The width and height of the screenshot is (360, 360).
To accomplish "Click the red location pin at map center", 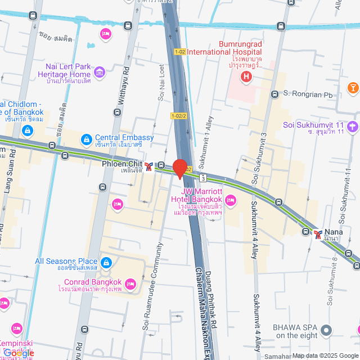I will [179, 168].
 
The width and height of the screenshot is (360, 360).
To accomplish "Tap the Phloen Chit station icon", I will [148, 165].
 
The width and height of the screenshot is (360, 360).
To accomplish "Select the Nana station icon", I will [319, 235].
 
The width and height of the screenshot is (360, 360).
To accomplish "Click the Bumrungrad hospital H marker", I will [245, 76].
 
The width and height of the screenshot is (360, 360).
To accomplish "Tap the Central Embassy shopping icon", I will [86, 138].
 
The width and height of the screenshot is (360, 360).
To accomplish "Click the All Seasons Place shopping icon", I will [106, 262].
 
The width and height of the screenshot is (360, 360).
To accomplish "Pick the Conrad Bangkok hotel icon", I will [130, 286].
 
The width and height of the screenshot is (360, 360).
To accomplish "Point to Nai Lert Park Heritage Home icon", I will [100, 71].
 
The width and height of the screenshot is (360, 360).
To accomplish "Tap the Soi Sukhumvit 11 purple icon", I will [352, 126].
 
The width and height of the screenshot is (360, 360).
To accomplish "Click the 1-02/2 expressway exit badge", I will [178, 116].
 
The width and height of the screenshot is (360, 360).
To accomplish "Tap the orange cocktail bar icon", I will [353, 87].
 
